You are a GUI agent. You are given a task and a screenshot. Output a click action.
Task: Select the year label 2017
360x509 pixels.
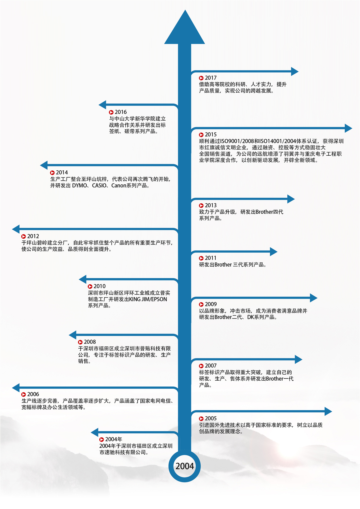(211, 78)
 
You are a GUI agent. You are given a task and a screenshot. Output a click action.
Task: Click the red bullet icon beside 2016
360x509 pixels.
(111, 112)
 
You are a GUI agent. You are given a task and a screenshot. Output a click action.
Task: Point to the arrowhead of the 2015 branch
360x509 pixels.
(348, 128)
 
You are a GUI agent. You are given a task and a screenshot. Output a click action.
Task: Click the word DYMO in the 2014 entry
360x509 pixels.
(79, 186)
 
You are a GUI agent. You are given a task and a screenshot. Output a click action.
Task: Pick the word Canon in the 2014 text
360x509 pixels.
(118, 186)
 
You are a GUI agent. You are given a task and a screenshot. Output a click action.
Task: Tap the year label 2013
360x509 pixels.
(211, 205)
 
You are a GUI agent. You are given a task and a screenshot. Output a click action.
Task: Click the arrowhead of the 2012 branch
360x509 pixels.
(16, 229)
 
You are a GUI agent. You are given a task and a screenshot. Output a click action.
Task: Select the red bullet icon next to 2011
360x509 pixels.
(201, 258)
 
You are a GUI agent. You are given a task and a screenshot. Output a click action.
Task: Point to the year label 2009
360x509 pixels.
(211, 304)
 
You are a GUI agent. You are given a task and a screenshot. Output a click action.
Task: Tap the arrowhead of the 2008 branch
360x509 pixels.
(73, 335)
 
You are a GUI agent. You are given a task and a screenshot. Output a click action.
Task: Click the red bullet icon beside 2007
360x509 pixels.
(201, 366)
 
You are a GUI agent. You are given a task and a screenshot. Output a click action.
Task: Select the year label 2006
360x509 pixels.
(33, 394)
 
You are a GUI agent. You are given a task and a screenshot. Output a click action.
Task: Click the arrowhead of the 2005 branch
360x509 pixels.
(328, 411)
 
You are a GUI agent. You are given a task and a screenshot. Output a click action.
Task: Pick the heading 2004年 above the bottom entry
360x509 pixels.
(114, 439)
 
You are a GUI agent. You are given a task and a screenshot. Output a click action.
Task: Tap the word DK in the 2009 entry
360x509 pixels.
(250, 317)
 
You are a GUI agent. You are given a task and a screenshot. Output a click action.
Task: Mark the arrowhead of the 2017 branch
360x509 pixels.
(295, 71)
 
